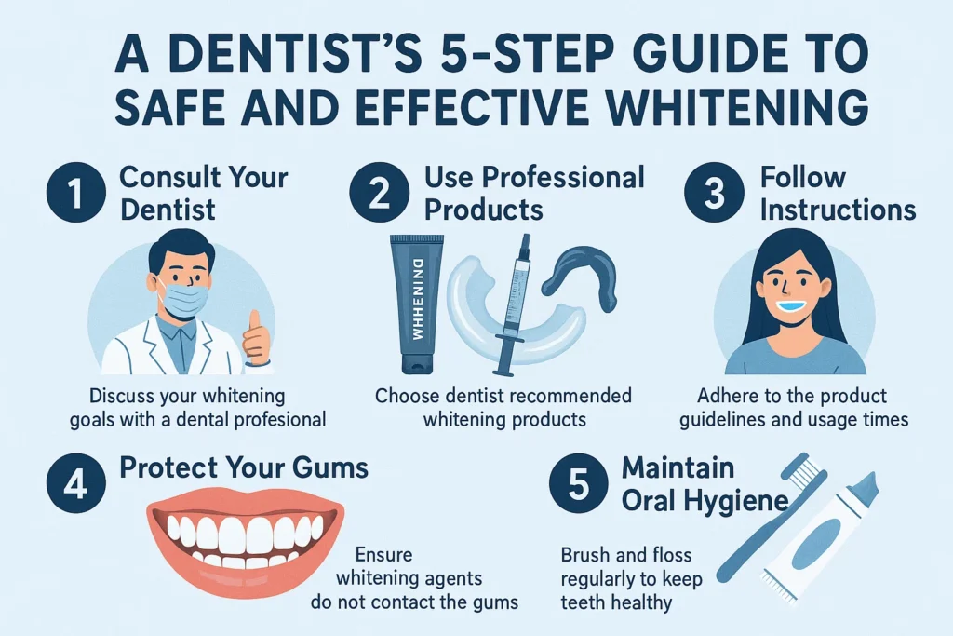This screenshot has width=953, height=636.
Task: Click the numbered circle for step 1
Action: [76, 193]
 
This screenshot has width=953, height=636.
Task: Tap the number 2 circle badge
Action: [380, 193]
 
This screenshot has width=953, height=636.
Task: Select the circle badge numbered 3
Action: [714, 193]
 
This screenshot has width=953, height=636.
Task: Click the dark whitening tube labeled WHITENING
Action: [417, 304]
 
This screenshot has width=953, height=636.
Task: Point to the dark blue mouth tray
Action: [581, 274]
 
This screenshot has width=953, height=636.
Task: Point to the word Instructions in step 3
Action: [838, 210]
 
